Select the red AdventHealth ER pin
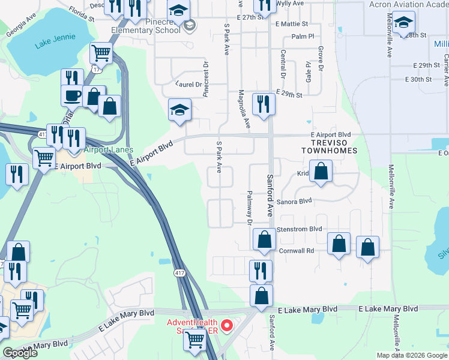pyautogui.click(x=228, y=326)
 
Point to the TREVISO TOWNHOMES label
pyautogui.click(x=330, y=151)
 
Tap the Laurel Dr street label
pyautogui.click(x=188, y=85)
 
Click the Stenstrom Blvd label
pyautogui.click(x=300, y=229)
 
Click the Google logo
pyautogui.click(x=20, y=353)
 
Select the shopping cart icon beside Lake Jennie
pyautogui.click(x=101, y=53)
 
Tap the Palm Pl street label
pyautogui.click(x=303, y=37)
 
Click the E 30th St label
pyautogui.click(x=418, y=79)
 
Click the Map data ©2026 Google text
pyautogui.click(x=412, y=355)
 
